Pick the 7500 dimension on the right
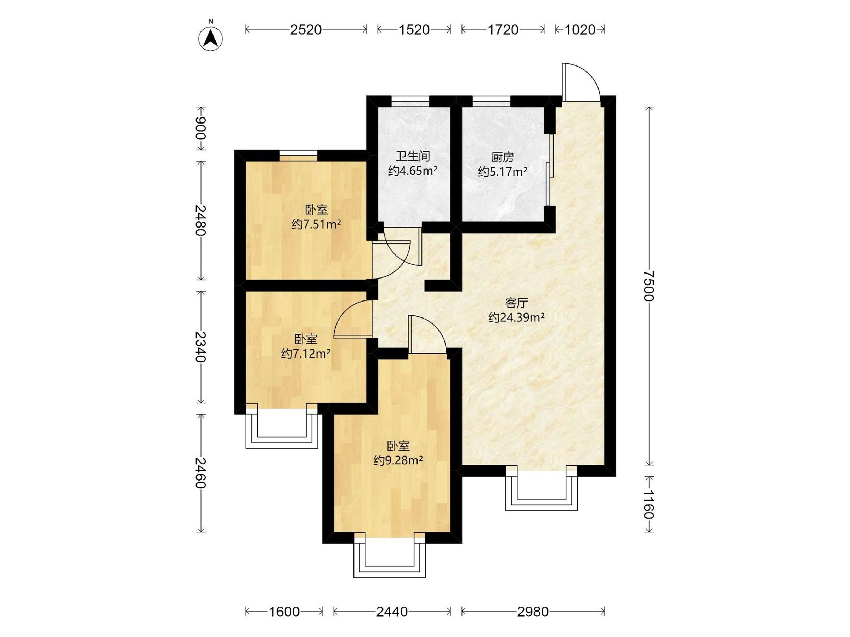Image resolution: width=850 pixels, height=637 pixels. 649,286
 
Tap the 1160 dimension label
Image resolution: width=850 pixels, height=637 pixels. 649,504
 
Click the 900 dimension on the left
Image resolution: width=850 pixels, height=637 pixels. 201,128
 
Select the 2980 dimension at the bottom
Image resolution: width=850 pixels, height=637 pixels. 533,612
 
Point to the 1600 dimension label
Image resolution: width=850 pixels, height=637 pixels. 284,612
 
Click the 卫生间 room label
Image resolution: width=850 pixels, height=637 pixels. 413,156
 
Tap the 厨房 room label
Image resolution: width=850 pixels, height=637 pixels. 502,157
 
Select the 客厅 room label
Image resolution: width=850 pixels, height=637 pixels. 516,303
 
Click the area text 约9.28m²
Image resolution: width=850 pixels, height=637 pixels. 398,460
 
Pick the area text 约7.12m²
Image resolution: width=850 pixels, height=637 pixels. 306,353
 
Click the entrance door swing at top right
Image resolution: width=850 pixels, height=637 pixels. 580,81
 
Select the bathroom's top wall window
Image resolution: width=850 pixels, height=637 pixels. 410,101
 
